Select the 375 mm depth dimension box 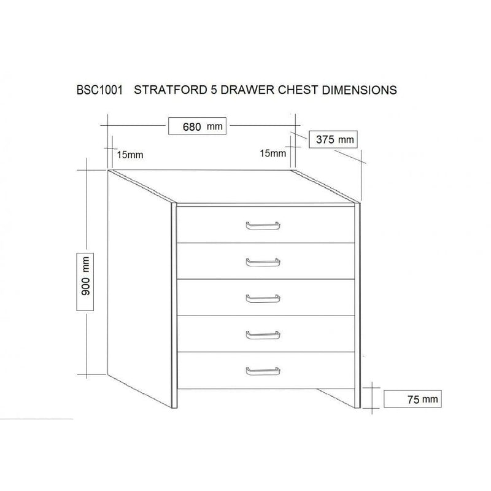[334, 139]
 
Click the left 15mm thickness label [130, 155]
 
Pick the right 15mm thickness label [273, 153]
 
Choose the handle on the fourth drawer [262, 334]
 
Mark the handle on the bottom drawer [262, 371]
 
